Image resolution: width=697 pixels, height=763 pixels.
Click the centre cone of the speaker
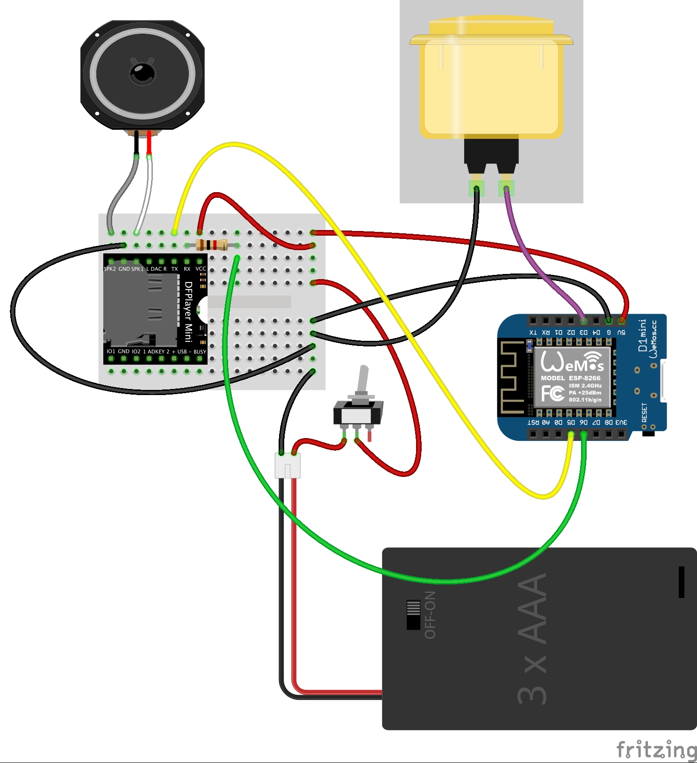[142, 73]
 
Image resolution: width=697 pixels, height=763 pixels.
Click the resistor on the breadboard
[212, 245]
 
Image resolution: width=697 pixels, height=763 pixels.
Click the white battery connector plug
[287, 466]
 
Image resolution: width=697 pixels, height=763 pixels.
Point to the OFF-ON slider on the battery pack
[413, 615]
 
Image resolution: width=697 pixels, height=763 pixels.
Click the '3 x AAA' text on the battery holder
[533, 638]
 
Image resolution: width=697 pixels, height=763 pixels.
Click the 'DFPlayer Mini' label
[188, 311]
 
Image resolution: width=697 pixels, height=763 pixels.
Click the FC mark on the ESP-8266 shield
[553, 393]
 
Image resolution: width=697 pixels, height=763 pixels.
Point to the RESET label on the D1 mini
[645, 413]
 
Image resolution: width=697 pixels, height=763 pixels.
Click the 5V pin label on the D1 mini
[621, 332]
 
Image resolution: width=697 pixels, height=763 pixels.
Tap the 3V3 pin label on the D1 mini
[621, 422]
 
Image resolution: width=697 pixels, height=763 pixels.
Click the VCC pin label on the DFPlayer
[201, 269]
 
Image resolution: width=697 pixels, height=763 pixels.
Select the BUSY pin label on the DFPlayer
[200, 352]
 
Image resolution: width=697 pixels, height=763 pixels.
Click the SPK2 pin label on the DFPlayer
[110, 269]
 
